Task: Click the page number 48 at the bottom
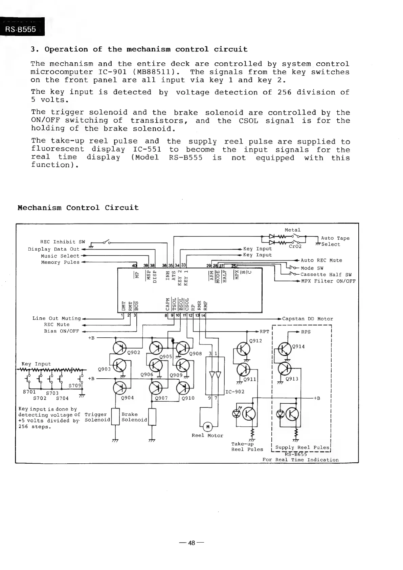coord(192,543)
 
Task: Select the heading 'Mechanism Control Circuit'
coord(78,208)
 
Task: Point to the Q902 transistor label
coord(134,352)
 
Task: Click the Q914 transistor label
coord(298,346)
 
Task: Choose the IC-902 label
coord(234,392)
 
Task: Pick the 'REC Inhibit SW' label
coord(63,242)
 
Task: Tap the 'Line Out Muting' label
coord(57,318)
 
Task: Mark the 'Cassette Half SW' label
coord(326,275)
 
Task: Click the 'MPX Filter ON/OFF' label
coord(328,281)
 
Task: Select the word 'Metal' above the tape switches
coord(292,230)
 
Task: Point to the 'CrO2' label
coord(295,246)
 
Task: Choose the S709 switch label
coord(74,385)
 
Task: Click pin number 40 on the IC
coord(135,265)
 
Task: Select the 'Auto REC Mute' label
coord(321,260)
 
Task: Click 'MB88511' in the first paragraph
coord(156,72)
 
